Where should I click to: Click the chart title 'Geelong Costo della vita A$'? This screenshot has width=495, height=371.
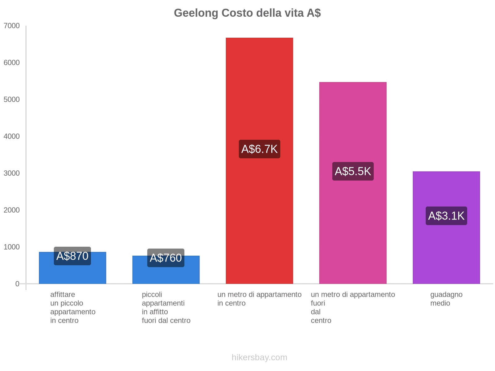tap(247, 13)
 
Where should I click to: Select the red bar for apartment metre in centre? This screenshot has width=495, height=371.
tap(259, 93)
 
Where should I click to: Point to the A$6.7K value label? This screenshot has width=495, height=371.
tap(259, 149)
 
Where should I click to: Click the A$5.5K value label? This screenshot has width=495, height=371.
tap(353, 171)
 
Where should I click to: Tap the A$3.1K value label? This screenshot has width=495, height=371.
tap(446, 216)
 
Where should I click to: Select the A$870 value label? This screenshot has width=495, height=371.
tap(72, 256)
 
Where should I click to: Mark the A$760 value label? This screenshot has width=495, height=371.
tap(166, 258)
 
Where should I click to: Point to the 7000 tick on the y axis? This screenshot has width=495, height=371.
tap(12, 26)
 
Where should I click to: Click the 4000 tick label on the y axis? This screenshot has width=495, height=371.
tap(12, 136)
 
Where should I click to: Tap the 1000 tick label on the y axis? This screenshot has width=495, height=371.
tap(12, 247)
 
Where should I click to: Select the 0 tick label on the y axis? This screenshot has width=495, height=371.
tap(17, 284)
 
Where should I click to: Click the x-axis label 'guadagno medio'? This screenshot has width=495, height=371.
tap(446, 299)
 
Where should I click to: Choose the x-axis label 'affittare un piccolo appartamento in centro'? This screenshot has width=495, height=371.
tap(73, 308)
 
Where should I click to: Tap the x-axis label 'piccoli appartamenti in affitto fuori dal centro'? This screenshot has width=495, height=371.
tap(166, 308)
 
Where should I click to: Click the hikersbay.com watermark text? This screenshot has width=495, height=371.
tap(259, 357)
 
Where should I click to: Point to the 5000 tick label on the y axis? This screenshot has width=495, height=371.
tap(12, 100)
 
